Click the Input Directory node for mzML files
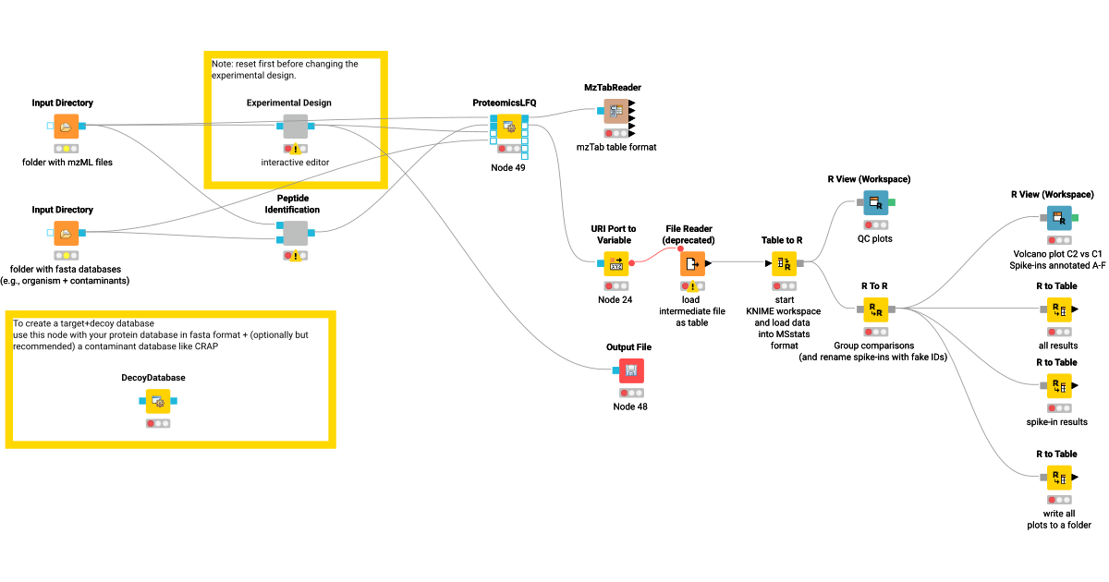tap(66, 127)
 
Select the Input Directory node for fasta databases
tap(66, 234)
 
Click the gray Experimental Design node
tap(295, 127)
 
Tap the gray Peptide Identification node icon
tap(295, 233)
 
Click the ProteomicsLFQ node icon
tap(508, 127)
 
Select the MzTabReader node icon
tap(615, 111)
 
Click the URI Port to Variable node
tap(616, 264)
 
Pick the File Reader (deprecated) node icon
tap(692, 264)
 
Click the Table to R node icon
tap(784, 264)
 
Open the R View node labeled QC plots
tap(875, 202)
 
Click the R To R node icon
tap(875, 309)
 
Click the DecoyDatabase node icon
tap(158, 402)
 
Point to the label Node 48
tap(630, 406)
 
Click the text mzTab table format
tap(615, 147)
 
